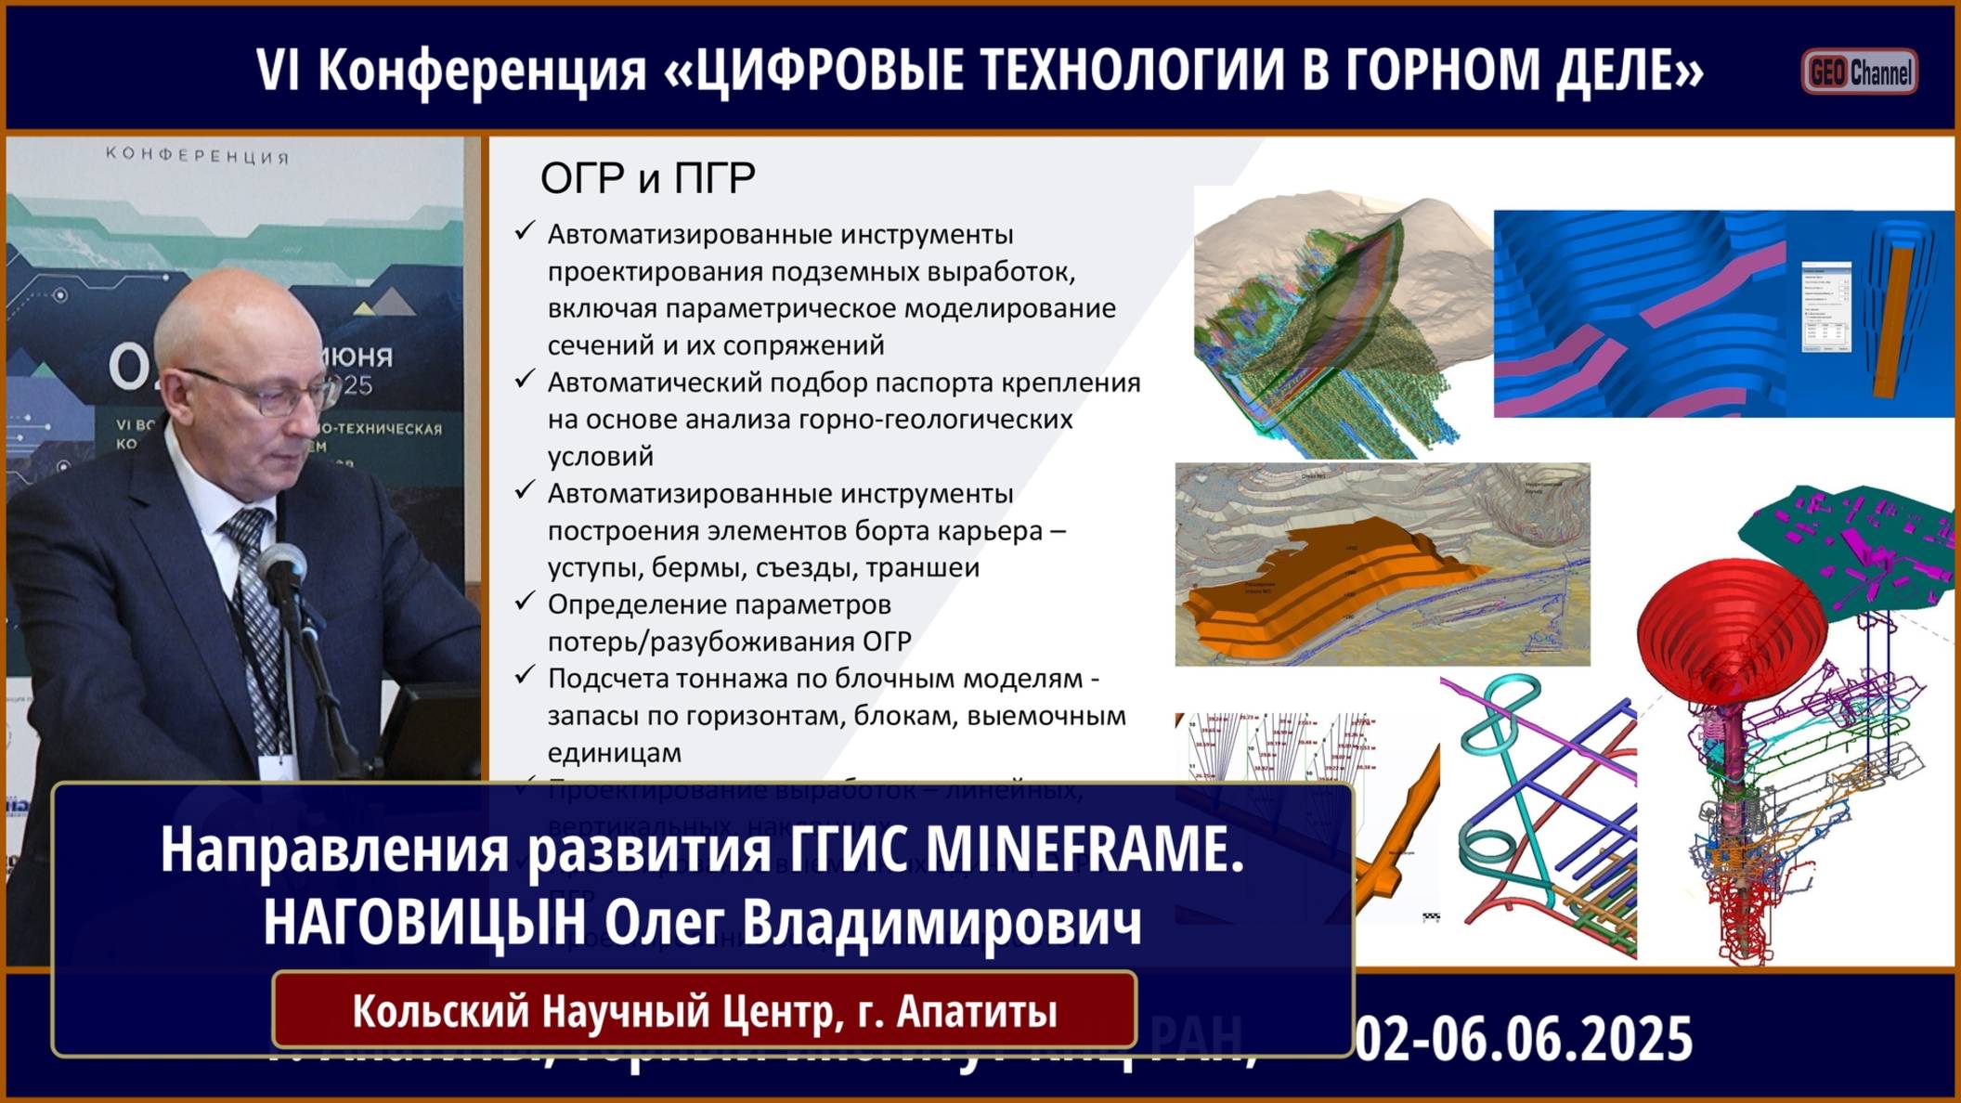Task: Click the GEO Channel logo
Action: click(1859, 72)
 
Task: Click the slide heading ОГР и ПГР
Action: click(647, 178)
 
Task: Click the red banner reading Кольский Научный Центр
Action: click(704, 1011)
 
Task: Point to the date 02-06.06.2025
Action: click(1524, 1039)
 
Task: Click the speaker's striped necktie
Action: click(253, 613)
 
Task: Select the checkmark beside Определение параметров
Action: click(525, 602)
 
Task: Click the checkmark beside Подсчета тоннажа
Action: click(525, 675)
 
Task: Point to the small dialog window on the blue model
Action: click(1825, 307)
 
